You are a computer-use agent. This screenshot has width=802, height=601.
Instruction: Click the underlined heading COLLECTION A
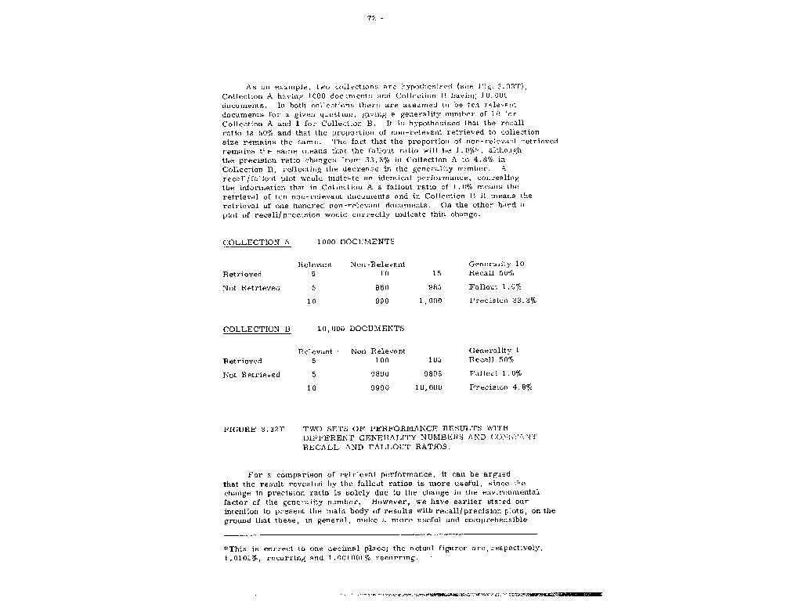[x=256, y=243]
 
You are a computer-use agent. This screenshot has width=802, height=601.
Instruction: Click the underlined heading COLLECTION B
[x=256, y=329]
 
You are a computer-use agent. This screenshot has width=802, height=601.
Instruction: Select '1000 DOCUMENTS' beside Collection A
[x=356, y=243]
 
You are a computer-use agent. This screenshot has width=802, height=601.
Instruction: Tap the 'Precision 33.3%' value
[x=502, y=300]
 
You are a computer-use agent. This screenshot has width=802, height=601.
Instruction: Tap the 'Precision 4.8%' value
[x=500, y=387]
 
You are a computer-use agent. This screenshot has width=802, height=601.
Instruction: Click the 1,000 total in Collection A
[x=431, y=300]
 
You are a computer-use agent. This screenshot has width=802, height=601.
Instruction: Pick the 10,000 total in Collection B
[x=428, y=387]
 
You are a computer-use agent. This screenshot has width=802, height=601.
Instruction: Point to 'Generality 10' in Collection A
[x=496, y=265]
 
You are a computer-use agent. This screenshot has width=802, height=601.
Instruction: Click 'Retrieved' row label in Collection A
[x=242, y=274]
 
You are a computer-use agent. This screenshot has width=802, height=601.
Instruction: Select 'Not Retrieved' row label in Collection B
[x=251, y=375]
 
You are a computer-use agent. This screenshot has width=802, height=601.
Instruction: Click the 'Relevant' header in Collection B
[x=315, y=351]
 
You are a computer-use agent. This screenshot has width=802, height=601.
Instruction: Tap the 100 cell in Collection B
[x=381, y=361]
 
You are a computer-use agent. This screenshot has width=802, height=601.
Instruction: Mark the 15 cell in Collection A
[x=436, y=274]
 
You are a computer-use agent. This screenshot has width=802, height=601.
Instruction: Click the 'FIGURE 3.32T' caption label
[x=254, y=429]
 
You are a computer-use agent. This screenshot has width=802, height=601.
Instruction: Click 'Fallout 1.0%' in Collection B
[x=495, y=374]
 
